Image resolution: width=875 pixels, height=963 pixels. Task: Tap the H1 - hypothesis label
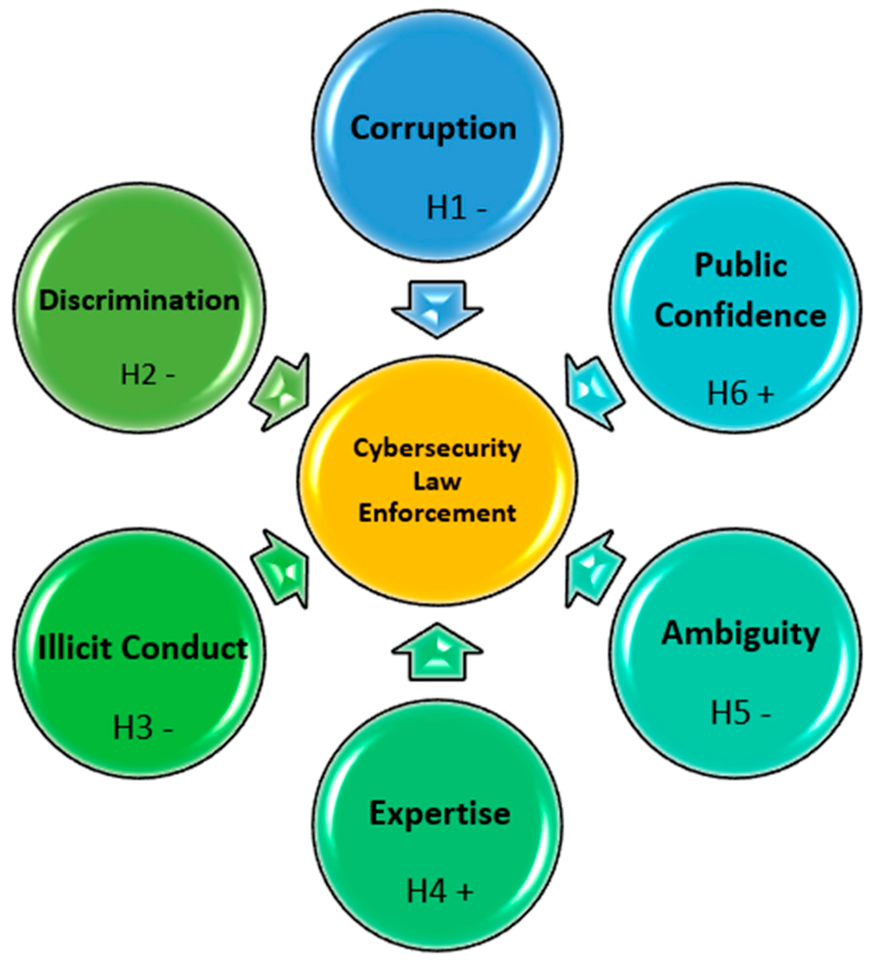(456, 209)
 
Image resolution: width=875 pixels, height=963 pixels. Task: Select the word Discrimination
(139, 301)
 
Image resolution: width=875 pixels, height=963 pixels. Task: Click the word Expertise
(439, 813)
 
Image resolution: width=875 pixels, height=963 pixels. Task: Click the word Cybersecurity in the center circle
(437, 449)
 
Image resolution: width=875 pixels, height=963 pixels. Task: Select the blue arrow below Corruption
(437, 308)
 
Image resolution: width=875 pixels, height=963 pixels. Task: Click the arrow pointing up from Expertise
(437, 652)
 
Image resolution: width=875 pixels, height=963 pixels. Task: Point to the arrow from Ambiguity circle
(592, 569)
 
